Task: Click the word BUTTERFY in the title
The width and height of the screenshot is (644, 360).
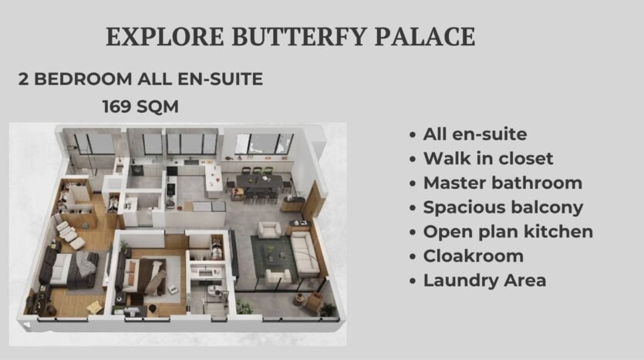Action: click(x=299, y=36)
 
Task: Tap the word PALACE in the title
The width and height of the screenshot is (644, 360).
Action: click(x=425, y=36)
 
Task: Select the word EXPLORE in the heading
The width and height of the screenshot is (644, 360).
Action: click(x=165, y=36)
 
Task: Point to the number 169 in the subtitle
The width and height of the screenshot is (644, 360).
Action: click(x=116, y=106)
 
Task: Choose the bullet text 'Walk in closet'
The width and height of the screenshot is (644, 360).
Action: click(x=488, y=159)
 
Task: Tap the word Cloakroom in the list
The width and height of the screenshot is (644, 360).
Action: click(x=473, y=256)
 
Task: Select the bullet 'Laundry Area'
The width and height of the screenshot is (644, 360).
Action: click(x=484, y=281)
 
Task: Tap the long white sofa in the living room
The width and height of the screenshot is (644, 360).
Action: click(x=305, y=254)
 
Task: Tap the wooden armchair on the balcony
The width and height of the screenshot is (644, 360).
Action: click(x=313, y=301)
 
